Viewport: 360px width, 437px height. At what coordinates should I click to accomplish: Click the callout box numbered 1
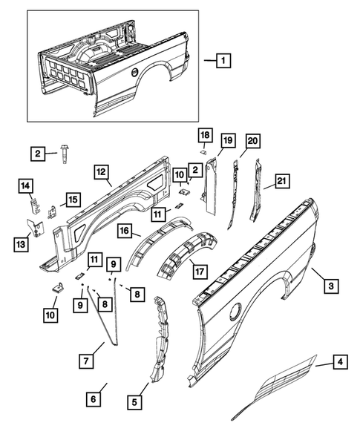(223, 60)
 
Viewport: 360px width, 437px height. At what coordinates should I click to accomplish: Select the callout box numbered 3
(331, 286)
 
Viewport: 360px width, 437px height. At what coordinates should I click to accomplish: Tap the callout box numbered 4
(340, 362)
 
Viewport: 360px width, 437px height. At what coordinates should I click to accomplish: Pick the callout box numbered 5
(134, 402)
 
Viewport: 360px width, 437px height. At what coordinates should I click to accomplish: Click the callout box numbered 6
(93, 399)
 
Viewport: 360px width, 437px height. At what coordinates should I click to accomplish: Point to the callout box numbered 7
(86, 361)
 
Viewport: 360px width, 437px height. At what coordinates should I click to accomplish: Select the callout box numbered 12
(101, 171)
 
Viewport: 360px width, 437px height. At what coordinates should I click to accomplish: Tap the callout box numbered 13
(21, 244)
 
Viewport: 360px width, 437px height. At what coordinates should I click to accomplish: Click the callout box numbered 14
(26, 185)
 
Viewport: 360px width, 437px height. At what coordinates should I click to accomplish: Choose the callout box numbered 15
(73, 200)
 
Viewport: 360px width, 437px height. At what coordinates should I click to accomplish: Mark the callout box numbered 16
(125, 231)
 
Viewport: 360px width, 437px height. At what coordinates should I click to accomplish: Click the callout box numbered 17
(200, 271)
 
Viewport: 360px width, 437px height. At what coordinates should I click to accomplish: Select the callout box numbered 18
(205, 135)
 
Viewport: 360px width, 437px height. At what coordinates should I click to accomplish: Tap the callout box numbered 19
(228, 140)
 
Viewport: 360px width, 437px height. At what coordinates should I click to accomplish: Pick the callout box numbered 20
(252, 141)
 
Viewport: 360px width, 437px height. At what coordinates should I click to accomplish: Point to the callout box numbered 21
(282, 181)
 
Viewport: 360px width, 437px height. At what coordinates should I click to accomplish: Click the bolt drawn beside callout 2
(65, 154)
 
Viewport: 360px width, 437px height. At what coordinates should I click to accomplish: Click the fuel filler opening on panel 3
(236, 312)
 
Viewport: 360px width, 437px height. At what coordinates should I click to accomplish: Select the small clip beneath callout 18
(204, 151)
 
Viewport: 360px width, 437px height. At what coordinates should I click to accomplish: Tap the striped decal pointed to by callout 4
(275, 387)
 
